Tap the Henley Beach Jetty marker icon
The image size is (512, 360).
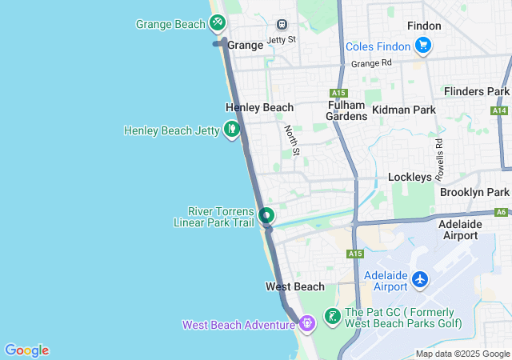point(232,128)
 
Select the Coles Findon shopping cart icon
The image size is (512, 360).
point(423,46)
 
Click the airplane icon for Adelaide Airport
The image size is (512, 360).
point(420,280)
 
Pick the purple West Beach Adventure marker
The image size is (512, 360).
point(307,323)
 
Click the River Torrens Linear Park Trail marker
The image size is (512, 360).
point(266,215)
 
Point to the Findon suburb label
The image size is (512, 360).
point(423,26)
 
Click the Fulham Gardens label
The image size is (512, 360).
point(346,110)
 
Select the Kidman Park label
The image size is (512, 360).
point(403,109)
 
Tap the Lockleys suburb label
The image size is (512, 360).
point(410,177)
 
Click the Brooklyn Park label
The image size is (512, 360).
point(474,193)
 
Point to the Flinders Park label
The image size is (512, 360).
point(477,92)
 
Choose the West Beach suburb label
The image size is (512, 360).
point(295,286)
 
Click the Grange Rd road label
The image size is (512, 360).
point(371,63)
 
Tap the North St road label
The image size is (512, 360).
point(292,139)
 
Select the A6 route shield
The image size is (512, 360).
point(502,212)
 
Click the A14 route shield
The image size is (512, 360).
point(500,110)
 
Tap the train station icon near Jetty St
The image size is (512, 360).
point(281,25)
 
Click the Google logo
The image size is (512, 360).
point(27,350)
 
